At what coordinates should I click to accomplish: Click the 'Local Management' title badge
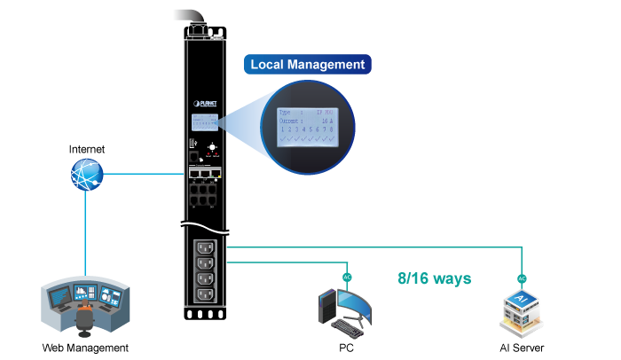[308, 65]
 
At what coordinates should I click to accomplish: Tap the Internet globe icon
[87, 176]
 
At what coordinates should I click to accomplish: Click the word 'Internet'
[87, 149]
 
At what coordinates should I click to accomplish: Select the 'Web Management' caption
[86, 348]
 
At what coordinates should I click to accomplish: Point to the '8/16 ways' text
[435, 278]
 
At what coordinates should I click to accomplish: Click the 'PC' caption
[346, 348]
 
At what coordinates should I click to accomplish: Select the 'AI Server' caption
[522, 348]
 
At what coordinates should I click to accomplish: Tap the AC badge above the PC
[347, 277]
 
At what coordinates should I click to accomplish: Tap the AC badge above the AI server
[523, 277]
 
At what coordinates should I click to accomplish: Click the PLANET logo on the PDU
[205, 103]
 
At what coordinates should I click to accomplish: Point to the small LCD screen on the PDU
[205, 123]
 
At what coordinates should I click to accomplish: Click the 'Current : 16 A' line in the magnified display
[306, 121]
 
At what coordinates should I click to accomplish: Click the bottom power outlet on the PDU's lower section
[206, 295]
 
